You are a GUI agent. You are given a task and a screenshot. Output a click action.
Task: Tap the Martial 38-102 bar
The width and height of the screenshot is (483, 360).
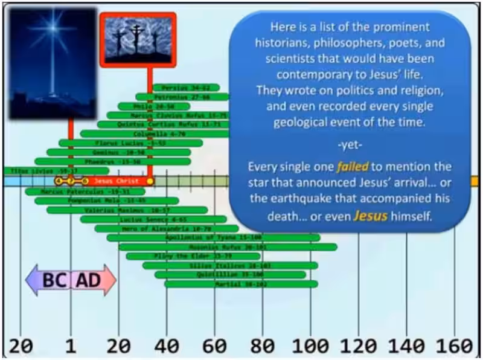pyautogui.click(x=241, y=284)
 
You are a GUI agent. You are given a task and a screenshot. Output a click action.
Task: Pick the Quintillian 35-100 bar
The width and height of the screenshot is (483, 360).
pyautogui.click(x=230, y=275)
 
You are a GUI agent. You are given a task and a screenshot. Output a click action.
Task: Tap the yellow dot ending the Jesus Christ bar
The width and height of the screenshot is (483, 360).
pyautogui.click(x=150, y=181)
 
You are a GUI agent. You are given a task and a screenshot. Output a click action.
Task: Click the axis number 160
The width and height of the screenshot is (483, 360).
pyautogui.click(x=455, y=346)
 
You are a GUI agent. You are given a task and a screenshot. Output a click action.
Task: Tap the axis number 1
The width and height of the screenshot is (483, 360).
pyautogui.click(x=71, y=346)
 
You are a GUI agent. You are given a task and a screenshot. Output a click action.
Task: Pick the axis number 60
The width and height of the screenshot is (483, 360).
pyautogui.click(x=214, y=346)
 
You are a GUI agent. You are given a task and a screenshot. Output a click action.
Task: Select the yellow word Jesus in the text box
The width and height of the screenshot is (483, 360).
pyautogui.click(x=369, y=214)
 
